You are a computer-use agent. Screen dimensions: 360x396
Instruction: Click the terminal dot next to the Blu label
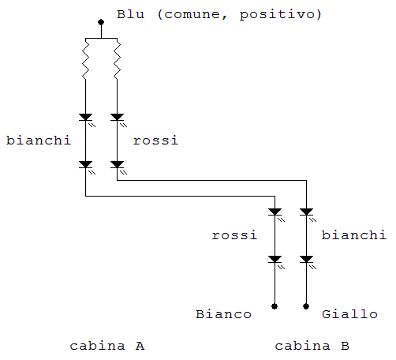[101, 22]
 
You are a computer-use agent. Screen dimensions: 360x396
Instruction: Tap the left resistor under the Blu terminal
[86, 61]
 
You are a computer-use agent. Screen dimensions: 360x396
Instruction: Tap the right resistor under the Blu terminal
[117, 61]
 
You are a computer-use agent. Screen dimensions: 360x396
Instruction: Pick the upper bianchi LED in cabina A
[86, 118]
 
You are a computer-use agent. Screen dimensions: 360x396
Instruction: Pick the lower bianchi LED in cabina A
[86, 165]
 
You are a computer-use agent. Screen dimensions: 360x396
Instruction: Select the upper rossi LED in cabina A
[117, 118]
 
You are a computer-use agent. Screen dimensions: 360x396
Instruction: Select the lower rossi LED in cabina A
[117, 165]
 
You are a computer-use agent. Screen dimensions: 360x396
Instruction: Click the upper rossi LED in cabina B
[275, 212]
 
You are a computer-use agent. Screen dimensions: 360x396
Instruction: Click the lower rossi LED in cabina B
[275, 259]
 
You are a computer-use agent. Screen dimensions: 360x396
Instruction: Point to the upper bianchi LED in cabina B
[306, 212]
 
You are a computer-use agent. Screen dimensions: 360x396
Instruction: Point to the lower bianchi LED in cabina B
[306, 259]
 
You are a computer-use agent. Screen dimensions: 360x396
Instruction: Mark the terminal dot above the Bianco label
[275, 306]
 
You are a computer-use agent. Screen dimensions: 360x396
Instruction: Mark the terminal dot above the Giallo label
[306, 306]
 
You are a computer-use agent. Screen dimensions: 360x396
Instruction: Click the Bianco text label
[223, 315]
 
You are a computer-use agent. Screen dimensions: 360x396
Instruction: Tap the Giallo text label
[349, 315]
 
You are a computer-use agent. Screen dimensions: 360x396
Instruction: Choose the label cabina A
[106, 347]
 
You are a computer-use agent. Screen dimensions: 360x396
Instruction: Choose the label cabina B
[312, 347]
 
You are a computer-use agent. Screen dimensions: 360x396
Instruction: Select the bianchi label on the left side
[38, 141]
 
